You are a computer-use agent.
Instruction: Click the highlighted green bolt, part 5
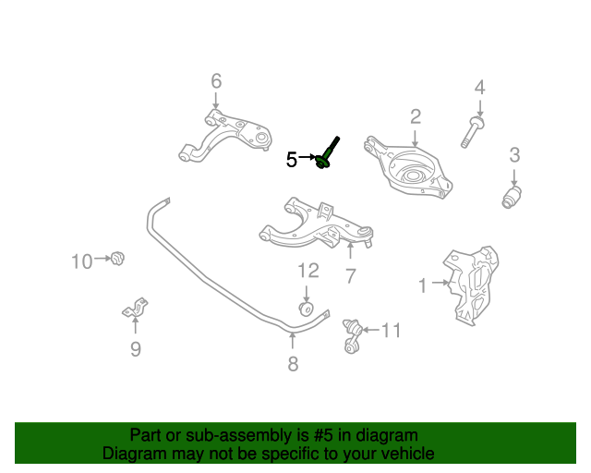pyautogui.click(x=327, y=155)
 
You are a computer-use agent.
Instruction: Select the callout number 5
pyautogui.click(x=291, y=160)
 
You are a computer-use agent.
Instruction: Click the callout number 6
pyautogui.click(x=216, y=80)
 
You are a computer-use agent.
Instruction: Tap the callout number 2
pyautogui.click(x=416, y=116)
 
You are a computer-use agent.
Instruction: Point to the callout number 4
pyautogui.click(x=479, y=89)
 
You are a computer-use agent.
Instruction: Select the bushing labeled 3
pyautogui.click(x=513, y=197)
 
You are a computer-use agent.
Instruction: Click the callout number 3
pyautogui.click(x=514, y=155)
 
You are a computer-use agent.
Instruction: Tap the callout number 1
pyautogui.click(x=423, y=286)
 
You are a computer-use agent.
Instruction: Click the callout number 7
pyautogui.click(x=351, y=275)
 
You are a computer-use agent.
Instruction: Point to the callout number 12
pyautogui.click(x=308, y=271)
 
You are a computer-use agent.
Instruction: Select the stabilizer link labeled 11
pyautogui.click(x=351, y=335)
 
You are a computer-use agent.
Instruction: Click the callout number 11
pyautogui.click(x=392, y=330)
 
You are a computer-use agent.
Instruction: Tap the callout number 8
pyautogui.click(x=293, y=364)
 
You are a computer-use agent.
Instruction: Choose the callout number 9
pyautogui.click(x=135, y=349)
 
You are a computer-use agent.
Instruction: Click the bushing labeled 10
pyautogui.click(x=117, y=258)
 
